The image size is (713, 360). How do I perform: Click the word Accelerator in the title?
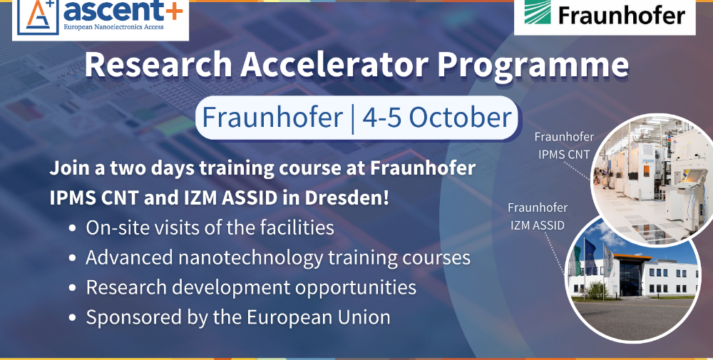[334, 64]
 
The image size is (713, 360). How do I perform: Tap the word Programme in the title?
[533, 66]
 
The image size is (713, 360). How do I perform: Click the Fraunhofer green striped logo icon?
[538, 11]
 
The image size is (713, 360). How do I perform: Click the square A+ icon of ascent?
[39, 16]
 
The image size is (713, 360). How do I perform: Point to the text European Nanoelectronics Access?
[113, 27]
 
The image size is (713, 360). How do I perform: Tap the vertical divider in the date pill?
[353, 118]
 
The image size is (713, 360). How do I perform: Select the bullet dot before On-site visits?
[72, 229]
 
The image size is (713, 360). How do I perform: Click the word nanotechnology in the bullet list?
[250, 258]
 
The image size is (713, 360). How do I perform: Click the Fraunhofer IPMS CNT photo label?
[564, 145]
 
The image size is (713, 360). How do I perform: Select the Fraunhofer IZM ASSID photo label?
[538, 216]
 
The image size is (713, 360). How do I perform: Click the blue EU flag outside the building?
[590, 257]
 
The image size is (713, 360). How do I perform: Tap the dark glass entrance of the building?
[630, 278]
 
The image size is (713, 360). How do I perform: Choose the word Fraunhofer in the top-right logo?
[622, 16]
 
